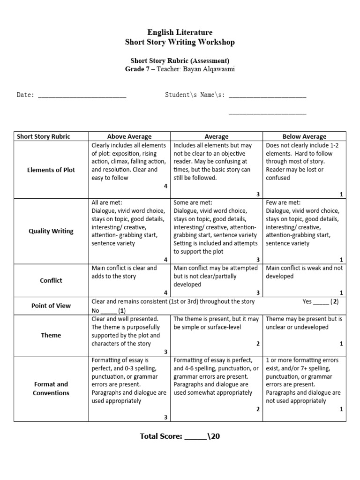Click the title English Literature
point(180,32)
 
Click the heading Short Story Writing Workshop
point(180,43)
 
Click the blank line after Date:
point(82,96)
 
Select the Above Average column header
point(129,136)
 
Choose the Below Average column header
point(304,136)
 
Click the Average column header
point(217,136)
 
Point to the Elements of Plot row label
point(51,170)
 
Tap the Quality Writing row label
point(51,231)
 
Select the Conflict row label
point(51,280)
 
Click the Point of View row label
point(51,306)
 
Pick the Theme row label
point(51,335)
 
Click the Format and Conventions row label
point(51,389)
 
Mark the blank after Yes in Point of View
point(321,303)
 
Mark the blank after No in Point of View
point(108,312)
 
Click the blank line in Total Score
point(195,437)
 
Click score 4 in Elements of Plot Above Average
point(165,186)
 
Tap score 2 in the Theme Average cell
point(258,344)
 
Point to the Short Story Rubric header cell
point(44,136)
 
